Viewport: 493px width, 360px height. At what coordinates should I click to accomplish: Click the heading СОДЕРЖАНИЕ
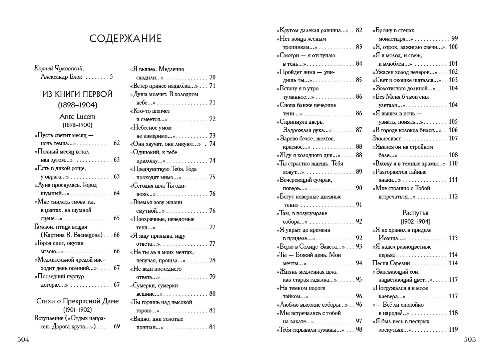(125, 39)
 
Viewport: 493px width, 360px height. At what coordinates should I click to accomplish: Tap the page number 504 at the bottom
(23, 340)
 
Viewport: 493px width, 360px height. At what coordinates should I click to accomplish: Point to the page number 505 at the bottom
(470, 340)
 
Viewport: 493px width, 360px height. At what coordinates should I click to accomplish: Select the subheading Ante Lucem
(77, 117)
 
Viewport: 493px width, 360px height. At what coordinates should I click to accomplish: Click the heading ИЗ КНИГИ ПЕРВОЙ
(77, 94)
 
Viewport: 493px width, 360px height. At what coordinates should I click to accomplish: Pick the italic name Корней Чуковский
(59, 68)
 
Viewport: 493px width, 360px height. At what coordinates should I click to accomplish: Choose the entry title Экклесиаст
(387, 138)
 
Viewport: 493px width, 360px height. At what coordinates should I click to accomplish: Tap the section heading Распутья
(415, 213)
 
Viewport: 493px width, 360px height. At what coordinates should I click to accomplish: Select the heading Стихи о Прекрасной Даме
(77, 301)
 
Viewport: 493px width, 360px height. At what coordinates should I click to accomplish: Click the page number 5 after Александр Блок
(111, 77)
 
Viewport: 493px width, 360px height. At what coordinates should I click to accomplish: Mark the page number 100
(453, 47)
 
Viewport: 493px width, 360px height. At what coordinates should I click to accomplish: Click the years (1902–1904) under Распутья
(415, 222)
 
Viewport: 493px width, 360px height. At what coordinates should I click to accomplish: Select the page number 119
(453, 330)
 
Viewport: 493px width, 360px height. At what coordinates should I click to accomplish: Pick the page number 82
(359, 30)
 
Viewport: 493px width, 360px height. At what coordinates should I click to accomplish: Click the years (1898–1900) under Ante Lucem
(77, 125)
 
